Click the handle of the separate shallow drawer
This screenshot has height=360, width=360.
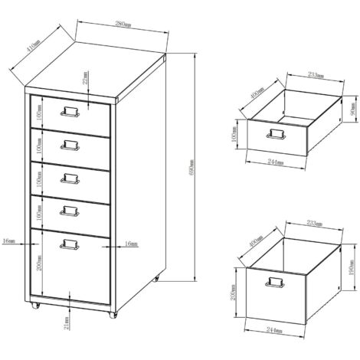[x=274, y=135]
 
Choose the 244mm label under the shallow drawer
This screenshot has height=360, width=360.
[x=276, y=162]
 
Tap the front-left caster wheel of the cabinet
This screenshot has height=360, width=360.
[x=36, y=306]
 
